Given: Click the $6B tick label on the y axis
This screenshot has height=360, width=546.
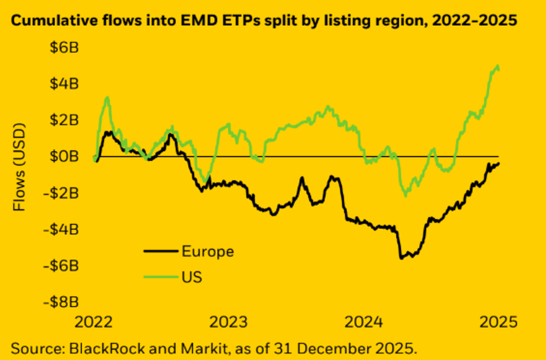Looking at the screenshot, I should tap(63, 47).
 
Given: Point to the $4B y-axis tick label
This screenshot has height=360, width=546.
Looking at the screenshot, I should tap(63, 84).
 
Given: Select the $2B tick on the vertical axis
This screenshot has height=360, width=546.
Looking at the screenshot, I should tap(63, 120).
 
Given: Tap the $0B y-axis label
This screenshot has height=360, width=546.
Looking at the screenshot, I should tap(63, 157).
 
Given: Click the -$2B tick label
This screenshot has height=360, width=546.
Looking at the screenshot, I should tap(61, 193).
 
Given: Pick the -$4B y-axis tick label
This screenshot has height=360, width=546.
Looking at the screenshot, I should tap(61, 229).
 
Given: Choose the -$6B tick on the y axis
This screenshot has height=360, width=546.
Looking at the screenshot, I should tap(61, 266).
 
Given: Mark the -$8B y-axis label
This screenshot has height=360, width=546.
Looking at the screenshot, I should tap(61, 302).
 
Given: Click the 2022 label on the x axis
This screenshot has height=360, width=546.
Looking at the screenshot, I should tap(93, 322).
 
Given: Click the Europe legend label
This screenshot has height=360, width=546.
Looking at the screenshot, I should tap(207, 251).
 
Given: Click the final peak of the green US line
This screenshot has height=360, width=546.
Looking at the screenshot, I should tap(497, 66).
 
